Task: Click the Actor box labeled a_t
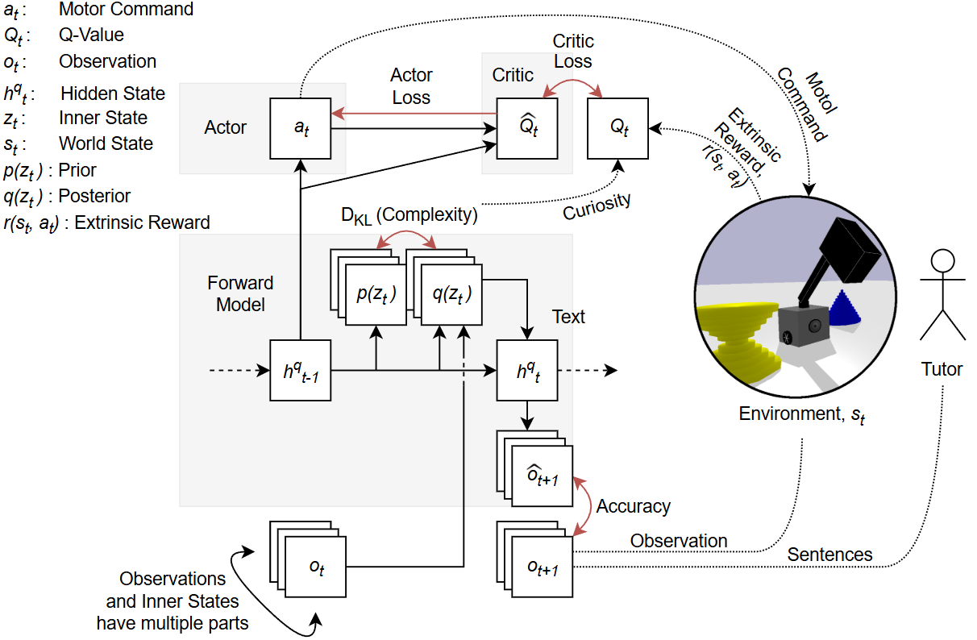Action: (301, 127)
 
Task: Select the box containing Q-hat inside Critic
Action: (526, 127)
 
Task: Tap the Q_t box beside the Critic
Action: (618, 127)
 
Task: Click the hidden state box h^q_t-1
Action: (301, 371)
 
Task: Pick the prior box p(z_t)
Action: (376, 295)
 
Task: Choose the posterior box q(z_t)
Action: (451, 295)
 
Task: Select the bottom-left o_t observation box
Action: (317, 567)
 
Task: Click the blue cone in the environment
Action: (843, 310)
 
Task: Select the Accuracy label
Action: (633, 507)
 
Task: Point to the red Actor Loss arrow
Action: (411, 113)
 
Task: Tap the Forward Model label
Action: (240, 294)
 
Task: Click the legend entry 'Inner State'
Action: (103, 118)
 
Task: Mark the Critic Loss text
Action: (572, 51)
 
